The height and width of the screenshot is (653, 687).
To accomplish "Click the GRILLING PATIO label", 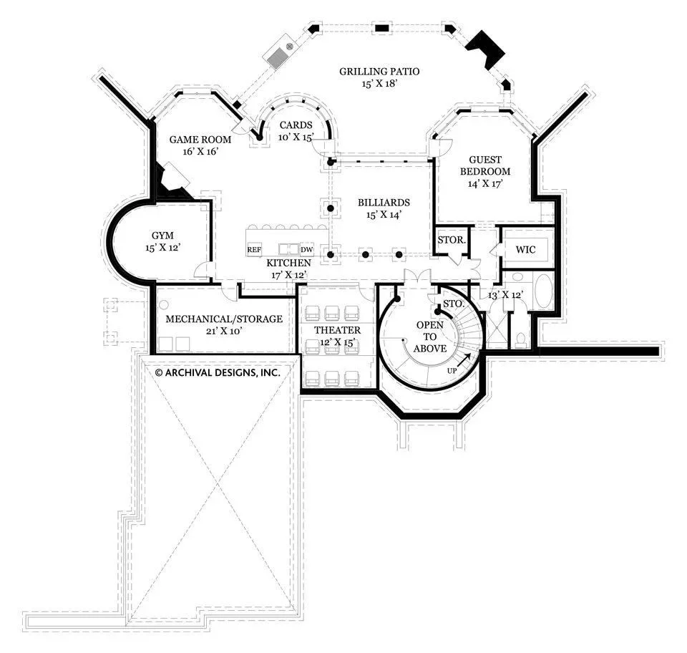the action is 379,72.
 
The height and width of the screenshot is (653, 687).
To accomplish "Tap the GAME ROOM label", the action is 200,140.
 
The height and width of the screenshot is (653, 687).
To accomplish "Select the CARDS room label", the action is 296,125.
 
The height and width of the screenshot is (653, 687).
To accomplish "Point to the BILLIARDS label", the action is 384,203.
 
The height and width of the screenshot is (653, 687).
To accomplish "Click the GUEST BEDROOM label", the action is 485,165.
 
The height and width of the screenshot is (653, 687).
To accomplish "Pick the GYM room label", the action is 162,236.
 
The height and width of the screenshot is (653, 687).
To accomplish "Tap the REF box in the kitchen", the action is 254,249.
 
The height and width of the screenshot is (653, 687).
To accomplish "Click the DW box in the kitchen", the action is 307,249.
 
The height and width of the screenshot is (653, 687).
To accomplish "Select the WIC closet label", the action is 525,250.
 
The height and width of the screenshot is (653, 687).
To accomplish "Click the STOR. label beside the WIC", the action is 452,240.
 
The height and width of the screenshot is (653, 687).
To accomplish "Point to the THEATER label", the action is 337,330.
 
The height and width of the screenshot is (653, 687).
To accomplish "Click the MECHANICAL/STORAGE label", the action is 224,319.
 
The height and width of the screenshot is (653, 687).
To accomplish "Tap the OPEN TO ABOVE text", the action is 430,337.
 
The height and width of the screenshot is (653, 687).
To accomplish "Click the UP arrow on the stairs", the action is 464,360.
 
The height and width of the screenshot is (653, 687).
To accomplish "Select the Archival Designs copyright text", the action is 218,373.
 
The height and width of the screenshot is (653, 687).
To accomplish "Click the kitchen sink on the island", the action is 288,249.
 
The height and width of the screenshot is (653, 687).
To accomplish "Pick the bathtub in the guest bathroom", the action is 543,291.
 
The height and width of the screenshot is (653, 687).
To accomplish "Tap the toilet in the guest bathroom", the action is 520,339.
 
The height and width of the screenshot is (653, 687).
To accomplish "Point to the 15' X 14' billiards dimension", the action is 384,215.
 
